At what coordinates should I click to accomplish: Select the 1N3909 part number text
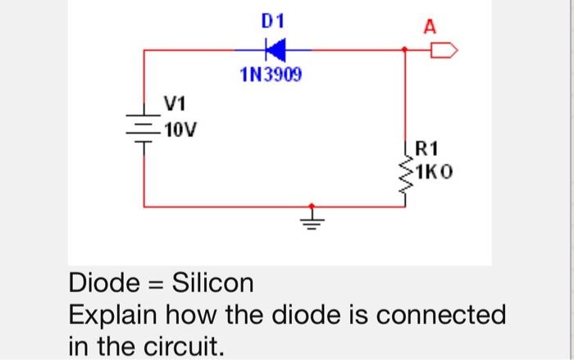[x=271, y=77]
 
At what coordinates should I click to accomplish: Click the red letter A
[x=429, y=26]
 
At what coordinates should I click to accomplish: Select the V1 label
[x=175, y=104]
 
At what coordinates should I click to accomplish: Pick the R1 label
[x=428, y=149]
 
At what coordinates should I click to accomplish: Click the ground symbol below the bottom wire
[x=311, y=219]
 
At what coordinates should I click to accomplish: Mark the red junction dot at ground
[x=311, y=207]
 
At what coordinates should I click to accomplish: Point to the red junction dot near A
[x=406, y=51]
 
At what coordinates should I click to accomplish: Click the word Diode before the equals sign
[x=101, y=284]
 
